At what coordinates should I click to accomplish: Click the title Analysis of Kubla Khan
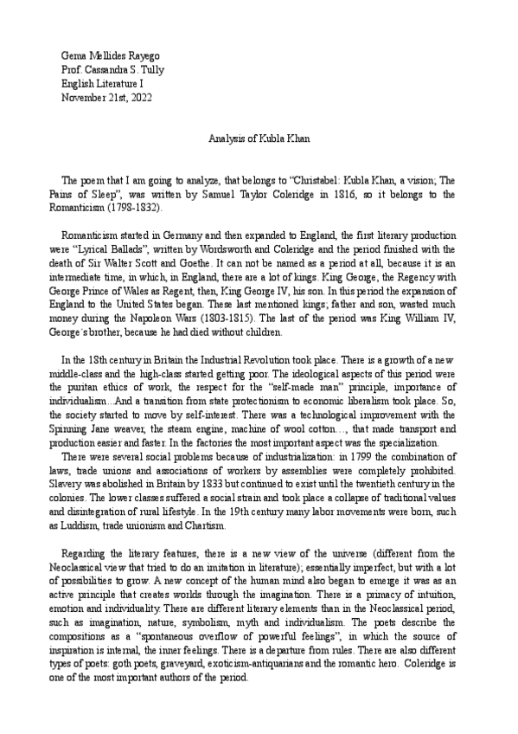259,138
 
